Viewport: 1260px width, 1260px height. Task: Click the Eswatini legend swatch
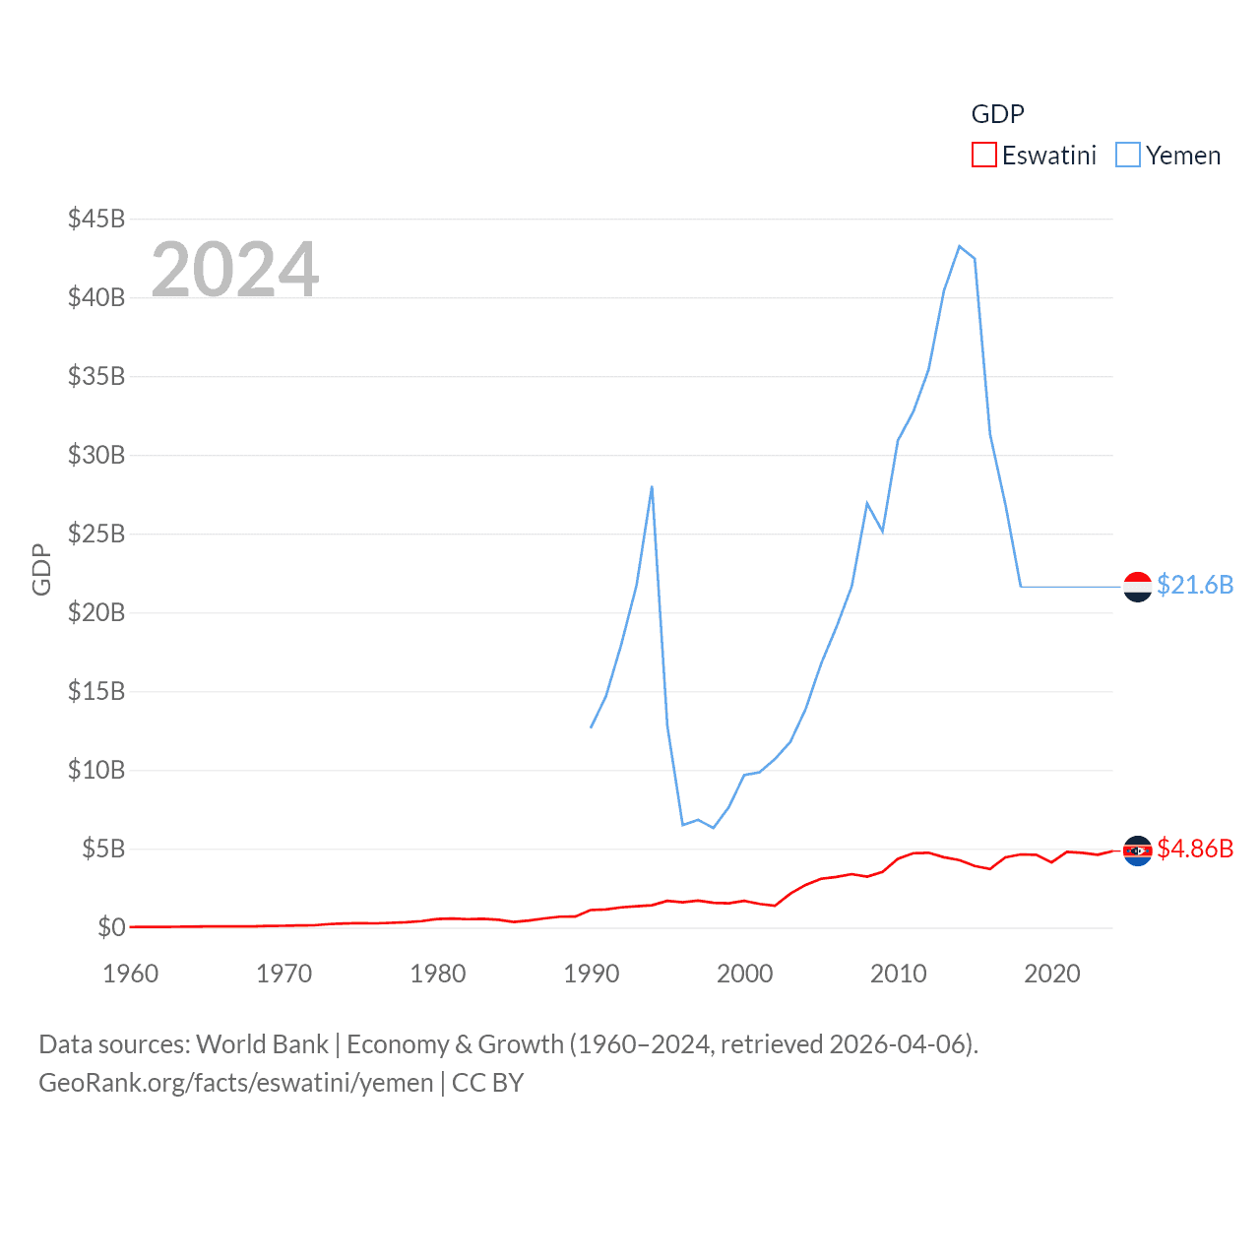click(983, 156)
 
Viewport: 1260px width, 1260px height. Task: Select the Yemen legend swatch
click(1128, 156)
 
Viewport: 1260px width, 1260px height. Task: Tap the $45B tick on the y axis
click(96, 219)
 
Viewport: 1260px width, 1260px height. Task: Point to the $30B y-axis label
click(96, 455)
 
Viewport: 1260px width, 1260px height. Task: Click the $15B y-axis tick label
click(96, 691)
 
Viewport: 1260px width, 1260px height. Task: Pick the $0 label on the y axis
click(111, 927)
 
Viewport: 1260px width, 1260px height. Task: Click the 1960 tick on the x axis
click(131, 974)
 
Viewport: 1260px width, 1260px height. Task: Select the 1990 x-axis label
click(592, 974)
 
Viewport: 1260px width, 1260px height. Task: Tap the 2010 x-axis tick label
click(899, 974)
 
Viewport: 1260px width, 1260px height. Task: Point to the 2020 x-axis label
click(1052, 974)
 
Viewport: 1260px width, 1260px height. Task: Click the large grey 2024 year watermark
click(235, 269)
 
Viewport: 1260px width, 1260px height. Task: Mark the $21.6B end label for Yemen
click(1195, 585)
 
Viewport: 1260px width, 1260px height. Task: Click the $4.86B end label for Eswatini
click(1195, 849)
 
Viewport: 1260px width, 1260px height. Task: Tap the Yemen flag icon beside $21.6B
click(1137, 587)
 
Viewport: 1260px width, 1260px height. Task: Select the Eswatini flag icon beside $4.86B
click(1137, 850)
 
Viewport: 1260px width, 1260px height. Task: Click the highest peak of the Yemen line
click(959, 246)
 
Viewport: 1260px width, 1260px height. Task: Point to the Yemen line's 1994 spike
click(652, 486)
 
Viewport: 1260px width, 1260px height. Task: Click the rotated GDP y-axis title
click(41, 569)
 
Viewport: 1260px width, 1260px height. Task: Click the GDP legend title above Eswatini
click(997, 114)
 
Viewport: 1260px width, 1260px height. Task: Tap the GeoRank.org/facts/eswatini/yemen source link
click(236, 1083)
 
